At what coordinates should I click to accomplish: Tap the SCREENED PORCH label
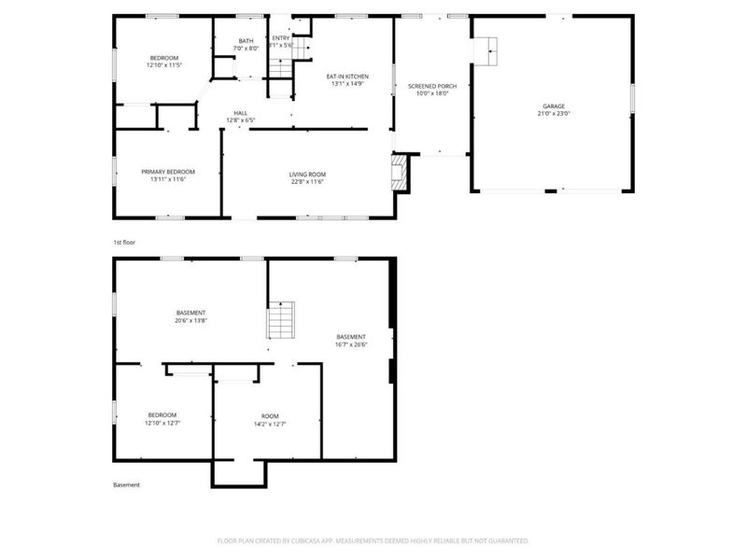(x=432, y=86)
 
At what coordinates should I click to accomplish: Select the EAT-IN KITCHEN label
(x=346, y=77)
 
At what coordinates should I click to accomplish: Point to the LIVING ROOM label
(x=306, y=174)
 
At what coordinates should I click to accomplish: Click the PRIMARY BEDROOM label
(x=168, y=172)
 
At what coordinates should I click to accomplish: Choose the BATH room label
(x=246, y=40)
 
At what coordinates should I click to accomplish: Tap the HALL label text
(x=241, y=113)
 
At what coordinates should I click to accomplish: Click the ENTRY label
(x=281, y=37)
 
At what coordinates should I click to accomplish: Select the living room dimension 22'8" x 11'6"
(x=306, y=181)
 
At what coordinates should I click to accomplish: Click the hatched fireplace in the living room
(x=401, y=173)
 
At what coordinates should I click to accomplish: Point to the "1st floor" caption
(x=124, y=243)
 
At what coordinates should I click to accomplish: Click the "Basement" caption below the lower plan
(x=127, y=485)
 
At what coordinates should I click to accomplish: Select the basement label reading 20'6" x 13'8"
(x=190, y=320)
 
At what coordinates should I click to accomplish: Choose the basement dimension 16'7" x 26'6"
(x=351, y=343)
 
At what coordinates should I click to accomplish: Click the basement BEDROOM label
(x=162, y=415)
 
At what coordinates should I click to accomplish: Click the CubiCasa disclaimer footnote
(x=373, y=540)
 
